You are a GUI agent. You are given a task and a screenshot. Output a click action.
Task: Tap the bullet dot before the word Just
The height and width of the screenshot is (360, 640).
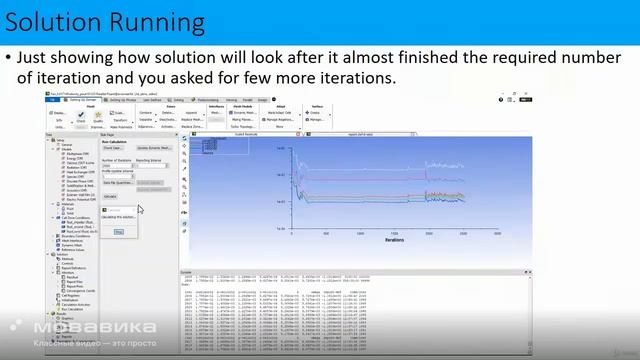coord(8,59)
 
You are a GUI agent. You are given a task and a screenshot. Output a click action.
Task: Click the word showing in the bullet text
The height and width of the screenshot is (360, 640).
coord(91,59)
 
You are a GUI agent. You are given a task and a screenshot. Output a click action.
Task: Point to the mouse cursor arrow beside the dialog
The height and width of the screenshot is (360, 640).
coord(140,209)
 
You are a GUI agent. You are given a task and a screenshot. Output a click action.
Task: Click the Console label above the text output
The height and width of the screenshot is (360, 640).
coord(186,271)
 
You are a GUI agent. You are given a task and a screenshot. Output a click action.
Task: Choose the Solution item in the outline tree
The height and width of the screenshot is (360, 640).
coord(62,254)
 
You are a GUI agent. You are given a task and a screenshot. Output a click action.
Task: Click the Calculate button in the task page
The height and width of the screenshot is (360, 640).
coord(110,196)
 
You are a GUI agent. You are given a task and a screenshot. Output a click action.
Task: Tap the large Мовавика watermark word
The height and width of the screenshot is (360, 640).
coord(95,327)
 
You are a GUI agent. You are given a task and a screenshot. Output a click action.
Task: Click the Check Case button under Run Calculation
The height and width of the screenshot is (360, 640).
coord(112,147)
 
